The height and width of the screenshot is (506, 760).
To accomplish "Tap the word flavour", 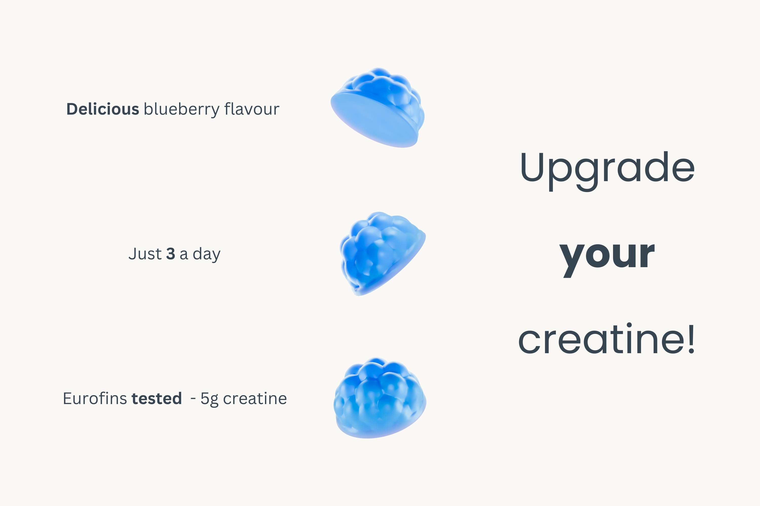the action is (252, 109).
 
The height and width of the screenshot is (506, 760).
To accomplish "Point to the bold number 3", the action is (170, 254).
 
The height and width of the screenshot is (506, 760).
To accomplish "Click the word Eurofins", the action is (95, 398).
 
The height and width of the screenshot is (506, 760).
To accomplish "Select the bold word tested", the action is (157, 398).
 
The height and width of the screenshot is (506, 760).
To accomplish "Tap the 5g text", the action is (210, 399).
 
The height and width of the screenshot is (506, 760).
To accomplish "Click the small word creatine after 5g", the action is (255, 398).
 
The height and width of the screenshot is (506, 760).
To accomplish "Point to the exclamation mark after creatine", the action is (691, 339).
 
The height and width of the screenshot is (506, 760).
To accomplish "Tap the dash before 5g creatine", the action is (193, 399).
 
